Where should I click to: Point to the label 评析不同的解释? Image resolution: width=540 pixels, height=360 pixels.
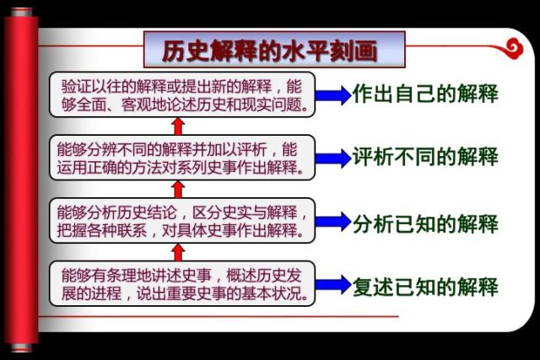click(426, 157)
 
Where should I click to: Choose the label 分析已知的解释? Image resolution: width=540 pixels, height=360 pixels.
click(426, 223)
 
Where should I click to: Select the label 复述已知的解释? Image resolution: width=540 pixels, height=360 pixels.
click(426, 287)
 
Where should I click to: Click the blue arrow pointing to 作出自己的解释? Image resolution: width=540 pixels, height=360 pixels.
click(333, 95)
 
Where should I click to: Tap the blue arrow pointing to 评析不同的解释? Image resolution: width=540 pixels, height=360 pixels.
click(333, 158)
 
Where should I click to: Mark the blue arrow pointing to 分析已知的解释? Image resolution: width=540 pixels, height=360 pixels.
click(333, 223)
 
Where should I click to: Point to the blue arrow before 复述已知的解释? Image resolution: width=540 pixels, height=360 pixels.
click(333, 284)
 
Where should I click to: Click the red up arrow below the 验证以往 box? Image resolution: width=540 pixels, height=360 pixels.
click(178, 126)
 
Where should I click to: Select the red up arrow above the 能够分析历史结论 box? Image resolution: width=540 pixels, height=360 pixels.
click(178, 189)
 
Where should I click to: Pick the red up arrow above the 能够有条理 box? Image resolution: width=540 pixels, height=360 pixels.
click(178, 252)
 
